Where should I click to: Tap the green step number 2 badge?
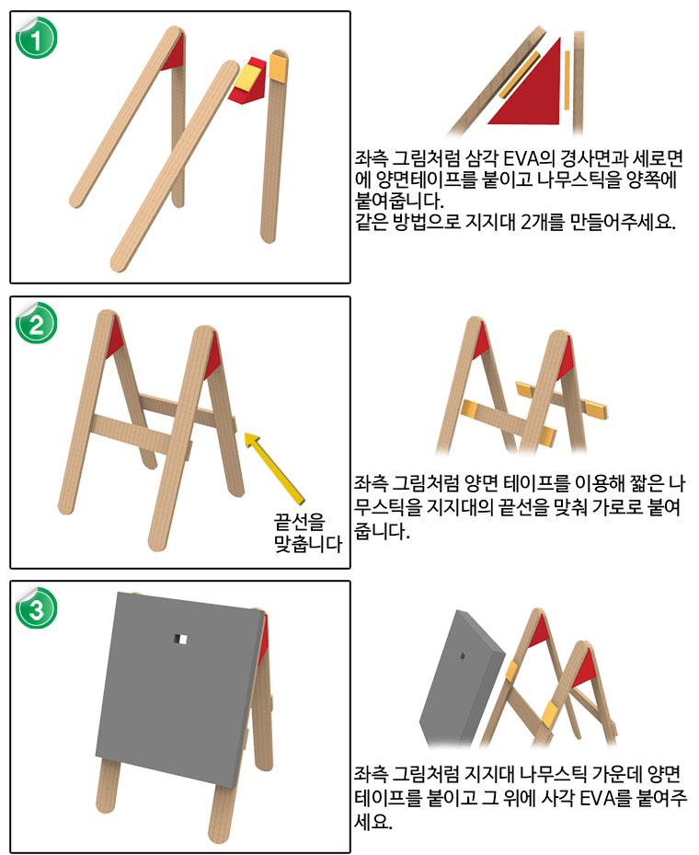(37, 322)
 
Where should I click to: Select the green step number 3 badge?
(37, 607)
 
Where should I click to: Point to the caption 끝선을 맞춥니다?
(306, 533)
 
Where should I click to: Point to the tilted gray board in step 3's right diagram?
(460, 681)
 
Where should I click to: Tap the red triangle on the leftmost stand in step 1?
(172, 54)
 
